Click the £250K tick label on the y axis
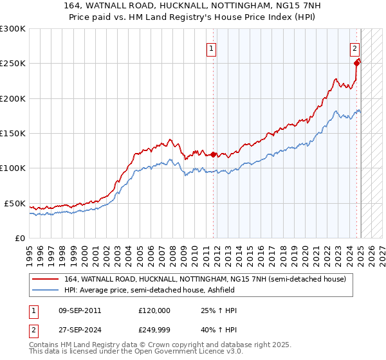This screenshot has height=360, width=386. tap(13, 64)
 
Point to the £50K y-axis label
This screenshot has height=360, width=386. tap(15, 203)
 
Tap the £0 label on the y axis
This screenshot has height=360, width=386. tap(19, 238)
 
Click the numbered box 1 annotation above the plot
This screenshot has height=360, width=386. tap(212, 47)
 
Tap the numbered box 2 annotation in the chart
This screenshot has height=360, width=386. tap(354, 47)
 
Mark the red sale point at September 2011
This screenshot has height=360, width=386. tap(213, 154)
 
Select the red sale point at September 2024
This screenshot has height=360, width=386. tap(356, 63)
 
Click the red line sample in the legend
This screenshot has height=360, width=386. tap(45, 279)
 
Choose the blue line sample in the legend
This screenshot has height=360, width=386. tap(45, 291)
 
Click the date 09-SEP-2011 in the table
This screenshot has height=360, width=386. tap(78, 310)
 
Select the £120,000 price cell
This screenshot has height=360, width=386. tap(154, 310)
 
